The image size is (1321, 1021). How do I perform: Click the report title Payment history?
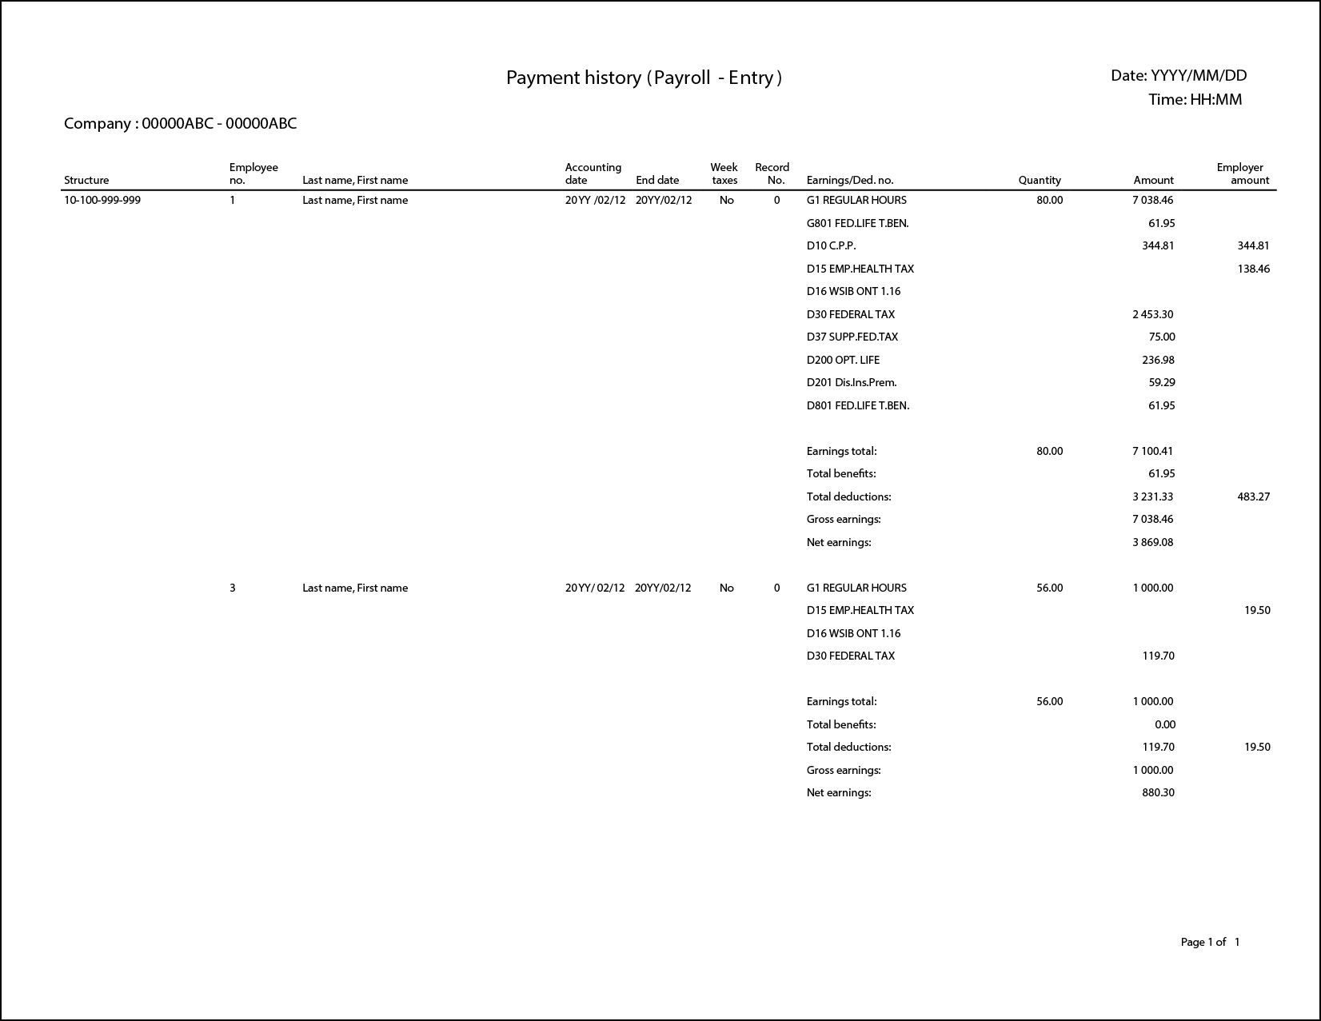pyautogui.click(x=644, y=78)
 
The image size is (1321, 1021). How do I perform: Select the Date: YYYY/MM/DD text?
pyautogui.click(x=1178, y=76)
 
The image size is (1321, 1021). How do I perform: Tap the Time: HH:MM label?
pyautogui.click(x=1195, y=100)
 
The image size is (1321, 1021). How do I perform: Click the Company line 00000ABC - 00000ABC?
pyautogui.click(x=180, y=124)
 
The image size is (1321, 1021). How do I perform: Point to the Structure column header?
pyautogui.click(x=86, y=181)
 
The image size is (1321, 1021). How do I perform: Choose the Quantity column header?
pyautogui.click(x=1039, y=181)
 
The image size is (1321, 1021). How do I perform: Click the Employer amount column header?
pyautogui.click(x=1243, y=173)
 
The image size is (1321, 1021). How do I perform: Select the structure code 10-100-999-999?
pyautogui.click(x=102, y=201)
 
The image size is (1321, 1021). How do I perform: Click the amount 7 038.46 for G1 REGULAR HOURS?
pyautogui.click(x=1152, y=201)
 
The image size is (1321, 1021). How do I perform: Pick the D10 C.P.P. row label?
pyautogui.click(x=831, y=246)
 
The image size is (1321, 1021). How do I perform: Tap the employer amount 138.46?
pyautogui.click(x=1253, y=269)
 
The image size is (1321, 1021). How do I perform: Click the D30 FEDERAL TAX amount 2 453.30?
pyautogui.click(x=1152, y=315)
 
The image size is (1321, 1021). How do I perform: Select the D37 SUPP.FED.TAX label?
pyautogui.click(x=852, y=337)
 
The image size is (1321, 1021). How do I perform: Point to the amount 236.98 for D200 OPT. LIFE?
pyautogui.click(x=1158, y=361)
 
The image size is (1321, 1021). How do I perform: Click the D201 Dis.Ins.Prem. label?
pyautogui.click(x=851, y=383)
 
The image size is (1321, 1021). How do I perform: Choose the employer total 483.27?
pyautogui.click(x=1253, y=497)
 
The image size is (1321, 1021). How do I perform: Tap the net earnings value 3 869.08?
pyautogui.click(x=1152, y=543)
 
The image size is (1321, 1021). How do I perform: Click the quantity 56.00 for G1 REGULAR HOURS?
pyautogui.click(x=1049, y=588)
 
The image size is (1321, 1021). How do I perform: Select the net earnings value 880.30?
pyautogui.click(x=1158, y=793)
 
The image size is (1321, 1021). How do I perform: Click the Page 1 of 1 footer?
pyautogui.click(x=1210, y=943)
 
